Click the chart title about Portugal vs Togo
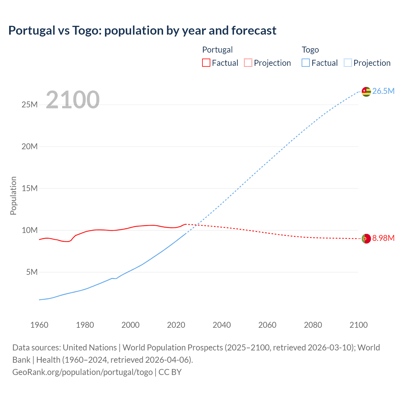[x=142, y=31]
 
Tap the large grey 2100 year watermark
[x=73, y=100]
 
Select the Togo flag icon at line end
[x=366, y=91]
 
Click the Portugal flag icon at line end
[x=366, y=239]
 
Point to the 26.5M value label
[x=383, y=91]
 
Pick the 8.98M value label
[x=383, y=238]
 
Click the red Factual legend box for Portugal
[x=206, y=63]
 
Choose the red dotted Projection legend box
[x=248, y=63]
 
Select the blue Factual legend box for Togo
[x=306, y=63]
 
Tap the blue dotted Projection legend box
[x=348, y=63]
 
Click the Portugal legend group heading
[x=217, y=50]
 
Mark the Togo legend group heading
[x=310, y=50]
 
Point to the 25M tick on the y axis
[x=30, y=105]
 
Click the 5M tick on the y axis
[x=32, y=272]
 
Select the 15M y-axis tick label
[x=30, y=188]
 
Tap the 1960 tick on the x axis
[x=39, y=325]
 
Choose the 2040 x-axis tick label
[x=222, y=325]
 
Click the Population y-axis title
[x=13, y=196]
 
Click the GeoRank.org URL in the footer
[x=82, y=372]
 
